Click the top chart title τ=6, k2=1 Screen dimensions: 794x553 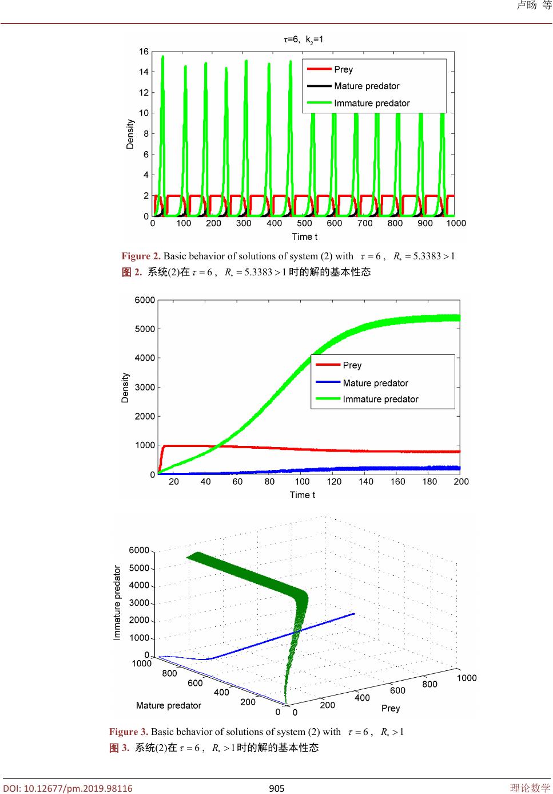(x=303, y=39)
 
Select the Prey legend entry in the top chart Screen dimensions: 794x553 (x=343, y=69)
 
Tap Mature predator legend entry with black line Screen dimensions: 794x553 (x=367, y=86)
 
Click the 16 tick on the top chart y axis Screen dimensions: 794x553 (x=144, y=52)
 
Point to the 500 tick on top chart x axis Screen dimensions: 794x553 (x=304, y=223)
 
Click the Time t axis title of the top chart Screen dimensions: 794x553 (x=304, y=236)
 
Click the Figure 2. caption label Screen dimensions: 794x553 (x=141, y=256)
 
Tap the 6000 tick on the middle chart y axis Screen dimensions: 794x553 (x=145, y=300)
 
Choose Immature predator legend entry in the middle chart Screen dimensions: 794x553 (x=380, y=399)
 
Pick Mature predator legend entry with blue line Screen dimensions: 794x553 (x=375, y=383)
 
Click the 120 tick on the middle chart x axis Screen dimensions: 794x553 (x=334, y=481)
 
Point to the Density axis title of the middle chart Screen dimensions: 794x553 (x=125, y=388)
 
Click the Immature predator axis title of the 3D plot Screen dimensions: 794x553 (x=117, y=602)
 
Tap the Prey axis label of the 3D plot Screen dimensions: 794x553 (x=391, y=708)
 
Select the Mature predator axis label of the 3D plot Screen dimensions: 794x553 (x=169, y=705)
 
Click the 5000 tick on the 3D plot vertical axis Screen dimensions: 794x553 (x=139, y=568)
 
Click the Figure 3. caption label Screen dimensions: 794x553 (x=128, y=732)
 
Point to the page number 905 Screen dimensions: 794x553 (x=277, y=788)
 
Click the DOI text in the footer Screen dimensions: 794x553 (x=67, y=788)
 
